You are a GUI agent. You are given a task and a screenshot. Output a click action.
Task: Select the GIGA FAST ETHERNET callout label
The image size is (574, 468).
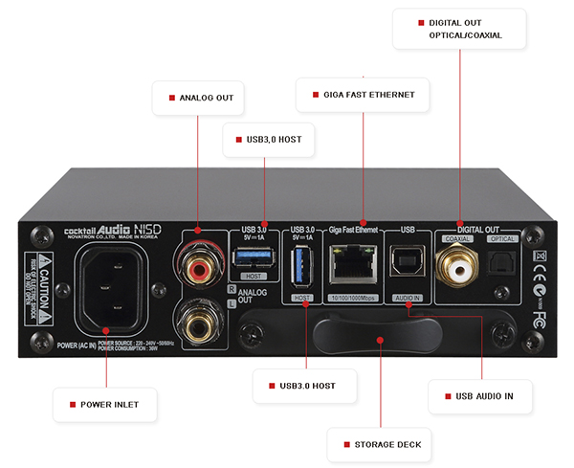(363, 95)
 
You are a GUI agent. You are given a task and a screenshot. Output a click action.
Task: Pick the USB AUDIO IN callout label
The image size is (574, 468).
(476, 394)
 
